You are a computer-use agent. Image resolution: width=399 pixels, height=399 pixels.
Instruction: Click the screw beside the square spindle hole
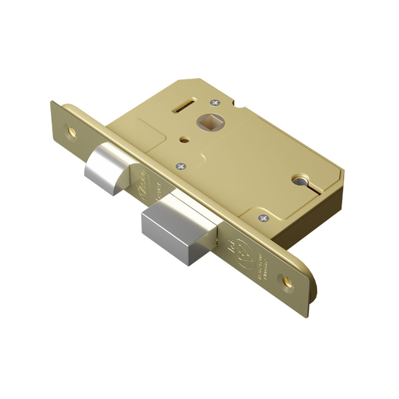216,103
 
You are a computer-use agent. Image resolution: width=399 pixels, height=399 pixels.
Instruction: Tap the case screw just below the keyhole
263,218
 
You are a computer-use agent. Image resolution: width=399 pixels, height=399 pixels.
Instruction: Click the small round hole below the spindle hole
183,140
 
